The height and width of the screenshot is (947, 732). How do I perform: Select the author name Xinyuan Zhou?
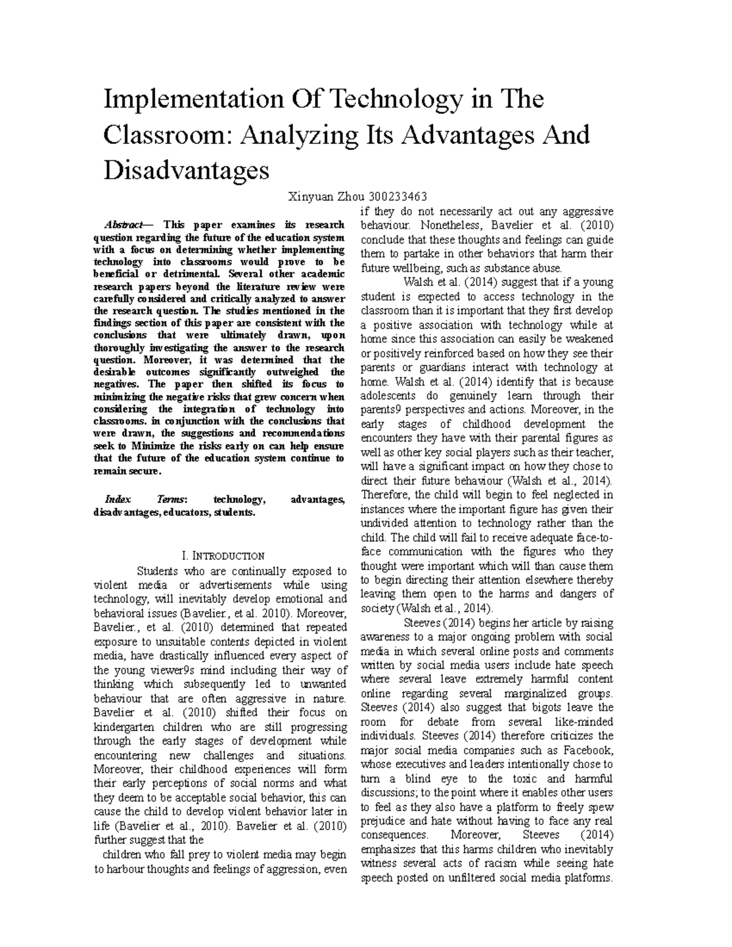[325, 196]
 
